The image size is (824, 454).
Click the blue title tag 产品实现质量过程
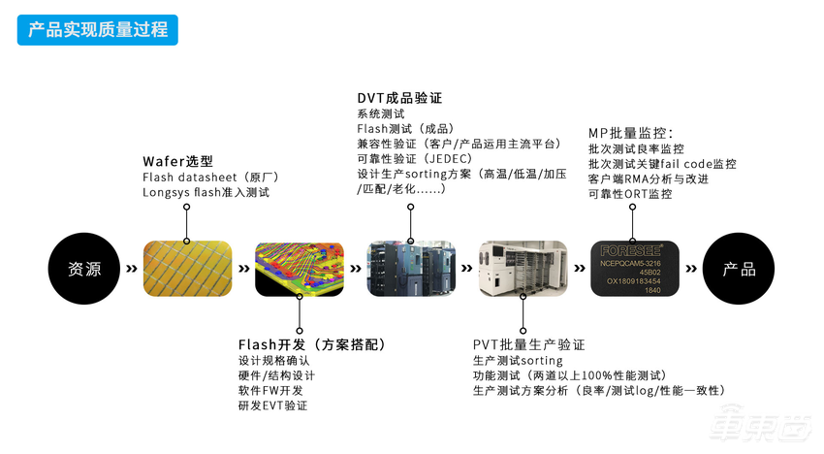(x=97, y=29)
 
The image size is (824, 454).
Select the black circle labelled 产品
(x=739, y=269)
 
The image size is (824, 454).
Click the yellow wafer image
(x=187, y=269)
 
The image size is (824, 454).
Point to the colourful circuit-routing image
(x=300, y=269)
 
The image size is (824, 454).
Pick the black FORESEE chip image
(x=633, y=269)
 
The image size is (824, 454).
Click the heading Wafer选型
(x=177, y=161)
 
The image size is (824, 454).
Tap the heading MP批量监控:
(x=631, y=132)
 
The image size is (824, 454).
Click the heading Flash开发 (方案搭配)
(x=312, y=344)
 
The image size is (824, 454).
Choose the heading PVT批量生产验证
(x=528, y=344)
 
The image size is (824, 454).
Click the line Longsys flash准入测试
(x=206, y=193)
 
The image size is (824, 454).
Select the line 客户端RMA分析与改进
(x=648, y=179)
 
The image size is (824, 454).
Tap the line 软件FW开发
(x=270, y=390)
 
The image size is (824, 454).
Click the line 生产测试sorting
(x=511, y=360)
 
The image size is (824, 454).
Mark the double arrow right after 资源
(x=131, y=269)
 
